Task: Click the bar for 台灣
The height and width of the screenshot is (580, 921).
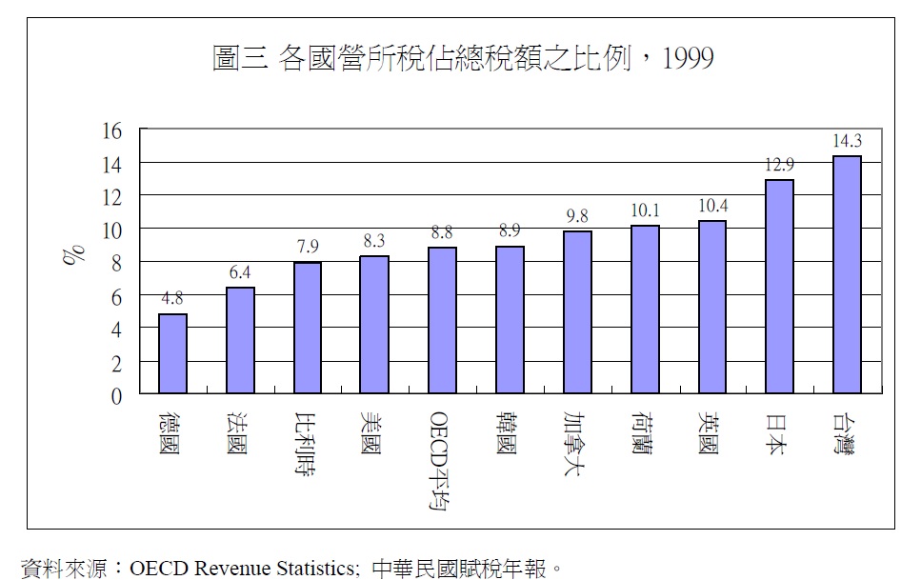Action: pyautogui.click(x=847, y=274)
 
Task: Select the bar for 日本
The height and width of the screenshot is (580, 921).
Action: pyautogui.click(x=779, y=287)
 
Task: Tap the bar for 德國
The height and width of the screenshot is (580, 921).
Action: pyautogui.click(x=172, y=353)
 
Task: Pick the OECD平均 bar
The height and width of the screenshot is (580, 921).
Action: pyautogui.click(x=442, y=320)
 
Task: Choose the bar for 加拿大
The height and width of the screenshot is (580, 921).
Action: pyautogui.click(x=577, y=312)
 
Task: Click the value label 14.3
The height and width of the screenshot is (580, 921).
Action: pyautogui.click(x=847, y=141)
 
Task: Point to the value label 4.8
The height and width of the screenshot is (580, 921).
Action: pyautogui.click(x=172, y=299)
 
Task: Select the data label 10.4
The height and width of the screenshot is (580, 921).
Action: pyautogui.click(x=711, y=206)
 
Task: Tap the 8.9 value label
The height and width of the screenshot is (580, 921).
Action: pyautogui.click(x=510, y=230)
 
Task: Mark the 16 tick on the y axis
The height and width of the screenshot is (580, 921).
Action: pyautogui.click(x=112, y=130)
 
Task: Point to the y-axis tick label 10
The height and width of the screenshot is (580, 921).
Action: pyautogui.click(x=112, y=230)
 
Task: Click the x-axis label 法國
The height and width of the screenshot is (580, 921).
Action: pyautogui.click(x=239, y=433)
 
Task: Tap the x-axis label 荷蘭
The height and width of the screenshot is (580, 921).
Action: pyautogui.click(x=644, y=433)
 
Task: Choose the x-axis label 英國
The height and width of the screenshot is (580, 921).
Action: pyautogui.click(x=711, y=433)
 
